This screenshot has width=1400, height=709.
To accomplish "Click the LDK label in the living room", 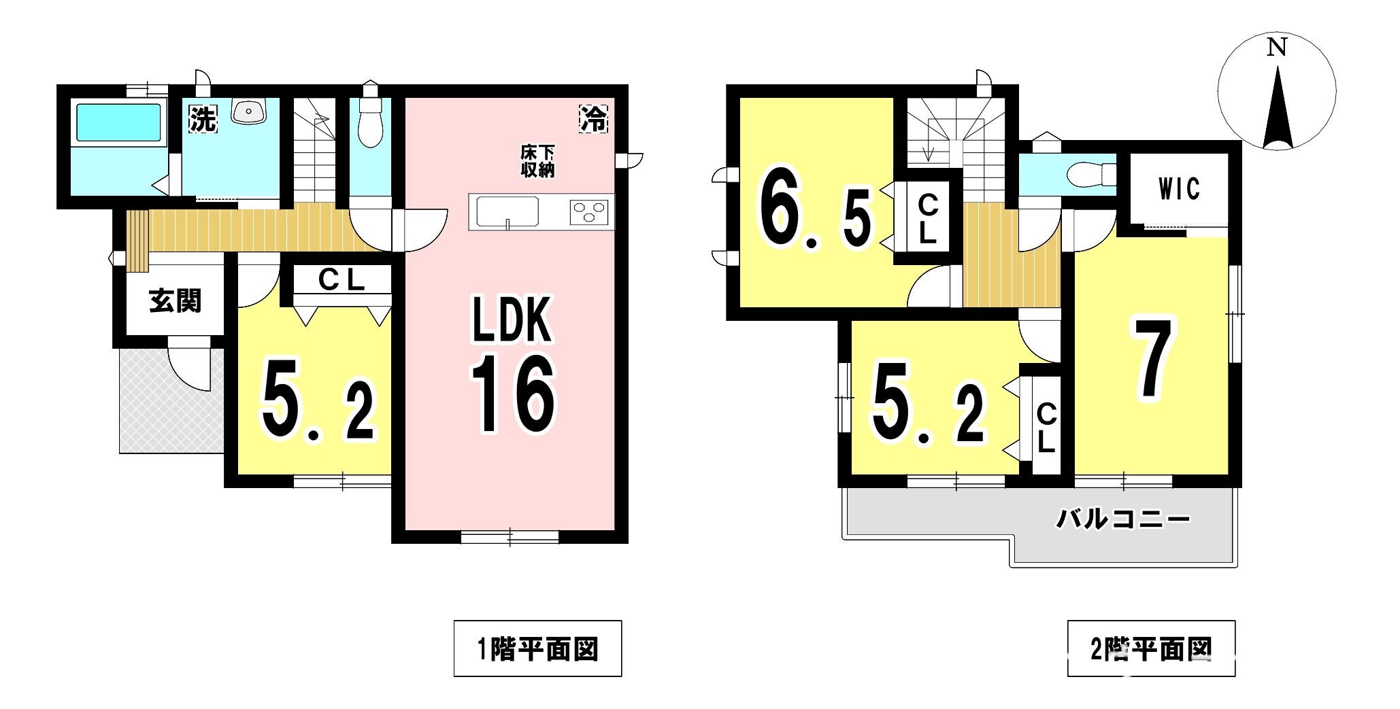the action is [512, 320].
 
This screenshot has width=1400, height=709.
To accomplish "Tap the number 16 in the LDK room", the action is [514, 394].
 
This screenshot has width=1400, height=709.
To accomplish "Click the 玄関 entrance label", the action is [176, 300].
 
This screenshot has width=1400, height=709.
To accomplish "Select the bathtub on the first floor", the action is [118, 122].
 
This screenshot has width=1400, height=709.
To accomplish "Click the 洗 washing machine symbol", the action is [202, 119].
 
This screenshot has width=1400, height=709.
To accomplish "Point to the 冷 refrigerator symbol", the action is [593, 119].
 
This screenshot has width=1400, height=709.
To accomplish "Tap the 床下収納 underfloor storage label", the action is [537, 162].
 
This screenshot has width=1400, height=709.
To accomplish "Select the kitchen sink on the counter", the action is [507, 211].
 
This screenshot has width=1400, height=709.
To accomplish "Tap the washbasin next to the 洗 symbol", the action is [248, 111].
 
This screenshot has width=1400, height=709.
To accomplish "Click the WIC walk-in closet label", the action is [1179, 189].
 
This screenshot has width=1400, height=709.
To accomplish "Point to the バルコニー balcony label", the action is [1123, 521].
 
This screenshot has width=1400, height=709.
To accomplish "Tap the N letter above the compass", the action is [1277, 48].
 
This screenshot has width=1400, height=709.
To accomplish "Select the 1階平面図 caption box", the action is [537, 649].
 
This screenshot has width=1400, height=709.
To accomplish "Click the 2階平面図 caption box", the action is [1151, 649].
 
